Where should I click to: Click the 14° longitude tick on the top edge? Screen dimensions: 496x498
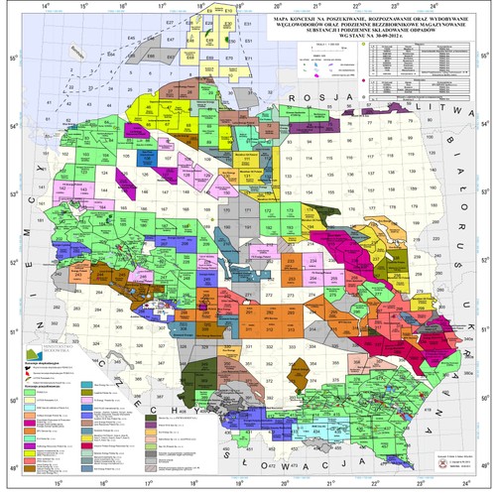click(41, 7)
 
